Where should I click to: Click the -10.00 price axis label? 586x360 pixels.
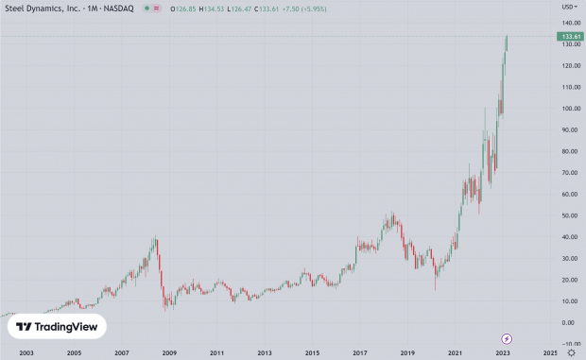tap(568, 344)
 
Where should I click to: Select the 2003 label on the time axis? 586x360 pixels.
tap(26, 352)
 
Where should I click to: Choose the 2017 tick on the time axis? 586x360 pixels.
tap(360, 352)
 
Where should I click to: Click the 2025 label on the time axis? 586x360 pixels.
tap(551, 352)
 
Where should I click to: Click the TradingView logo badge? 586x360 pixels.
tap(57, 327)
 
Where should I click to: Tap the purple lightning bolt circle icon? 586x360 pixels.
tap(507, 338)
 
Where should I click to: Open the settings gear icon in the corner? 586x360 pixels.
tap(572, 352)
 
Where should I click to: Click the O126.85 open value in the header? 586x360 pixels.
tap(181, 9)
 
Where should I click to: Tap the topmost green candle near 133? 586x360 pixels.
tap(507, 43)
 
